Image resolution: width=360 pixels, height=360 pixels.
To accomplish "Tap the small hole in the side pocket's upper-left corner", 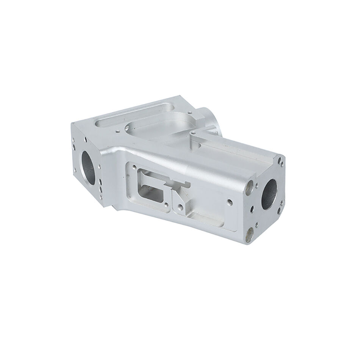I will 134,167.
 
